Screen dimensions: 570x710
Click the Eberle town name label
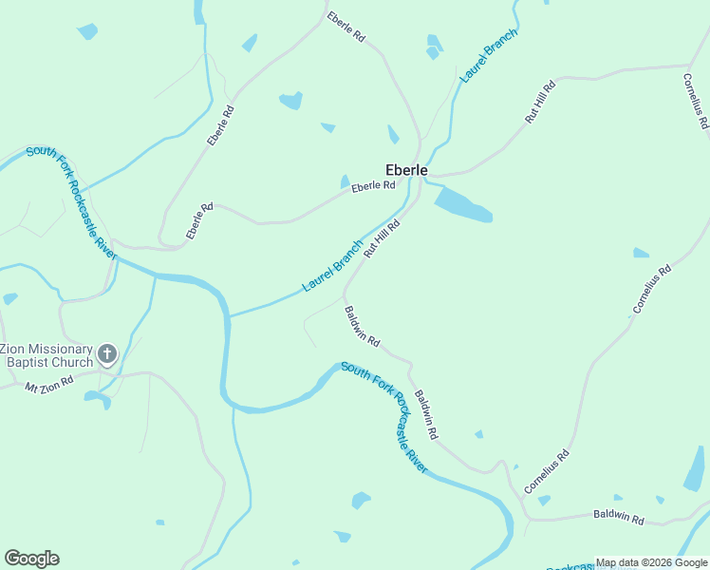point(406,171)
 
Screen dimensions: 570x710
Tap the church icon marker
point(107,355)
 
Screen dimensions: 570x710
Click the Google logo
point(31,559)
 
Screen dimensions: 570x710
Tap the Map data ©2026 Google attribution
point(651,562)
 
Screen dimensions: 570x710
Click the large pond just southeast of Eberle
point(463,203)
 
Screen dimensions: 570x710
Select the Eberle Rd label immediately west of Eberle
point(372,187)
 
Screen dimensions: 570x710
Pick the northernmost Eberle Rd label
point(346,27)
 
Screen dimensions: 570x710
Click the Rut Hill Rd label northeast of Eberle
point(540,103)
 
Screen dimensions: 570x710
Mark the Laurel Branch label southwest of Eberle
point(332,266)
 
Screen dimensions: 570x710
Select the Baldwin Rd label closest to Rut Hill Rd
point(362,326)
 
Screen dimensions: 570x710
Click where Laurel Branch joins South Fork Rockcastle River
point(229,316)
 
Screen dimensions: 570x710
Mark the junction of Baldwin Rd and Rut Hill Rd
point(345,294)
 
